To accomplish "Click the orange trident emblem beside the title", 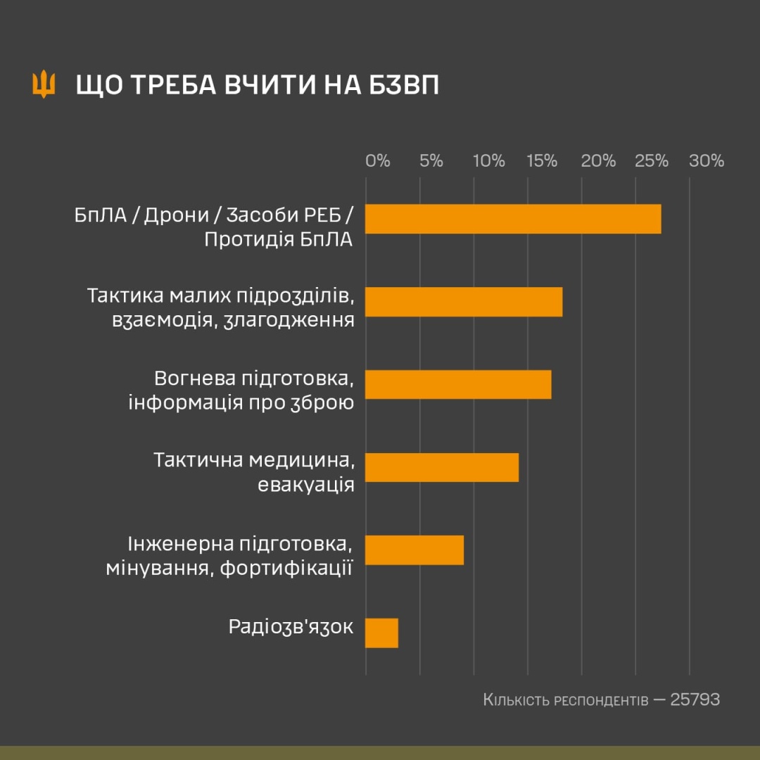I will click(44, 84).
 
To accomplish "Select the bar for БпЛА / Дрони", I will click(513, 219).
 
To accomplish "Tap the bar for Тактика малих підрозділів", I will click(464, 302).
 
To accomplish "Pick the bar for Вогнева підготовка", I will click(458, 384).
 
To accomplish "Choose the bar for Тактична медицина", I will click(442, 467).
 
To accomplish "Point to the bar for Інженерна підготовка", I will click(414, 550).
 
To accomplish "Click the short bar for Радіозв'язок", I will click(381, 633).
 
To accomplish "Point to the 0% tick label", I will click(378, 161).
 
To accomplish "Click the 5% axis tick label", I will click(431, 161).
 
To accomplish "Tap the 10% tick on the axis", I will click(489, 161).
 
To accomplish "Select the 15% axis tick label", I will click(543, 161).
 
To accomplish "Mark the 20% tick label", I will click(598, 161).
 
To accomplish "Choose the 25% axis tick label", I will click(652, 161).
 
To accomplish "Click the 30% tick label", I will click(707, 161).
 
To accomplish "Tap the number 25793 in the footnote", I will click(695, 700).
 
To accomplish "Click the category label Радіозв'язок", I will click(291, 627).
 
